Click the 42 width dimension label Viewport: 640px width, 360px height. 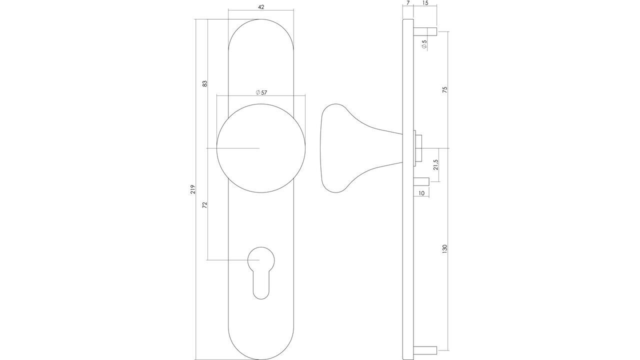click(x=260, y=7)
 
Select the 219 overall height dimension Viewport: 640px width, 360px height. click(x=192, y=189)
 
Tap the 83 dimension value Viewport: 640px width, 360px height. click(x=204, y=83)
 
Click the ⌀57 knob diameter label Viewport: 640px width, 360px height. click(x=261, y=92)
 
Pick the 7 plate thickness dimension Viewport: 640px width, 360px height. click(x=408, y=3)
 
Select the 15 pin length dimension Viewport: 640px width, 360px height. click(x=425, y=3)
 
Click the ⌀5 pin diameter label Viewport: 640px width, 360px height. click(x=424, y=44)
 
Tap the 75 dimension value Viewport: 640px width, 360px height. click(x=444, y=90)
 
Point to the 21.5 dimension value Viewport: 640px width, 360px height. click(x=435, y=165)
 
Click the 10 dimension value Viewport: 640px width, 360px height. click(x=421, y=193)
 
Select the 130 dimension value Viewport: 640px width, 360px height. click(x=444, y=249)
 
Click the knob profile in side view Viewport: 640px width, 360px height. click(x=350, y=148)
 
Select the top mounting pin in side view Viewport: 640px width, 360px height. click(x=425, y=32)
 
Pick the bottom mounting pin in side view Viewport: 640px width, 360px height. click(x=425, y=349)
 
